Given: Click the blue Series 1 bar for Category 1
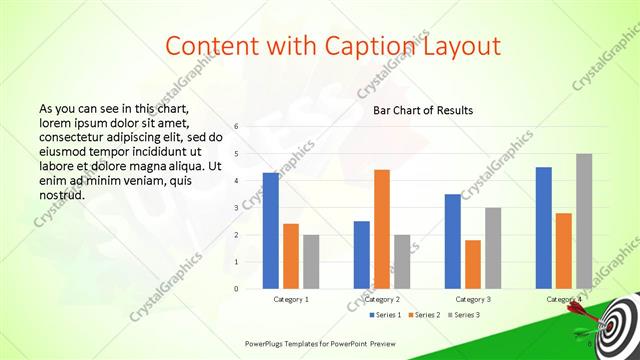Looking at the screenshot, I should pos(271,231).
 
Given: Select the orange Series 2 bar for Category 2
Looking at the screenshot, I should pos(382,229).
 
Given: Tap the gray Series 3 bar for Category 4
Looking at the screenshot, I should pos(584,221).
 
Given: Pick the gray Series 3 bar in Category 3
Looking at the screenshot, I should pos(493,248).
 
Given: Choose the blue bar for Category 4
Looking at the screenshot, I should pos(544,228).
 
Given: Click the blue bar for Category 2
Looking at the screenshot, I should pos(362,255).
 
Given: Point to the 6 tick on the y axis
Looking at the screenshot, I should pos(236,127).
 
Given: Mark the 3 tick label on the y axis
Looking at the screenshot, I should pos(236,208).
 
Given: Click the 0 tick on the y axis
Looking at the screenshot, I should pos(236,289).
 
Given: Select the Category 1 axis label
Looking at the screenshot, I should pos(291,299).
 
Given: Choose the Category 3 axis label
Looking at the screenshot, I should pos(473,299).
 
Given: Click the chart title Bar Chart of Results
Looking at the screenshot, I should pos(423,110).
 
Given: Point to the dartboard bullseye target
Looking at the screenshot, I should pos(619,325).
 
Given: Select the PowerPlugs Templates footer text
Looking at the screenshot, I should pos(316,342).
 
